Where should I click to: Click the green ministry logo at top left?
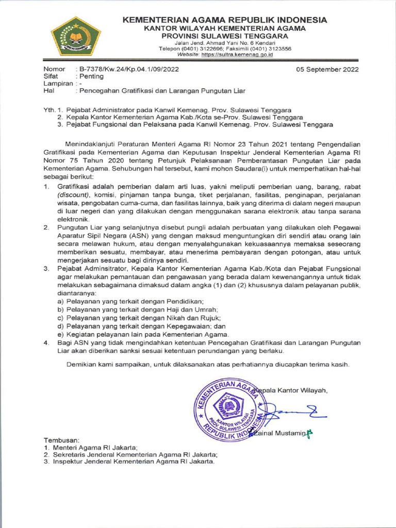[75, 36]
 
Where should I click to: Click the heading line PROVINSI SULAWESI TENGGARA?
[224, 35]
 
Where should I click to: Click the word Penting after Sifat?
[91, 76]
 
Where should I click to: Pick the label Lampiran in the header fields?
[57, 84]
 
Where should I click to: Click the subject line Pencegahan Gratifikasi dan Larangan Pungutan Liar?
[161, 91]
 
